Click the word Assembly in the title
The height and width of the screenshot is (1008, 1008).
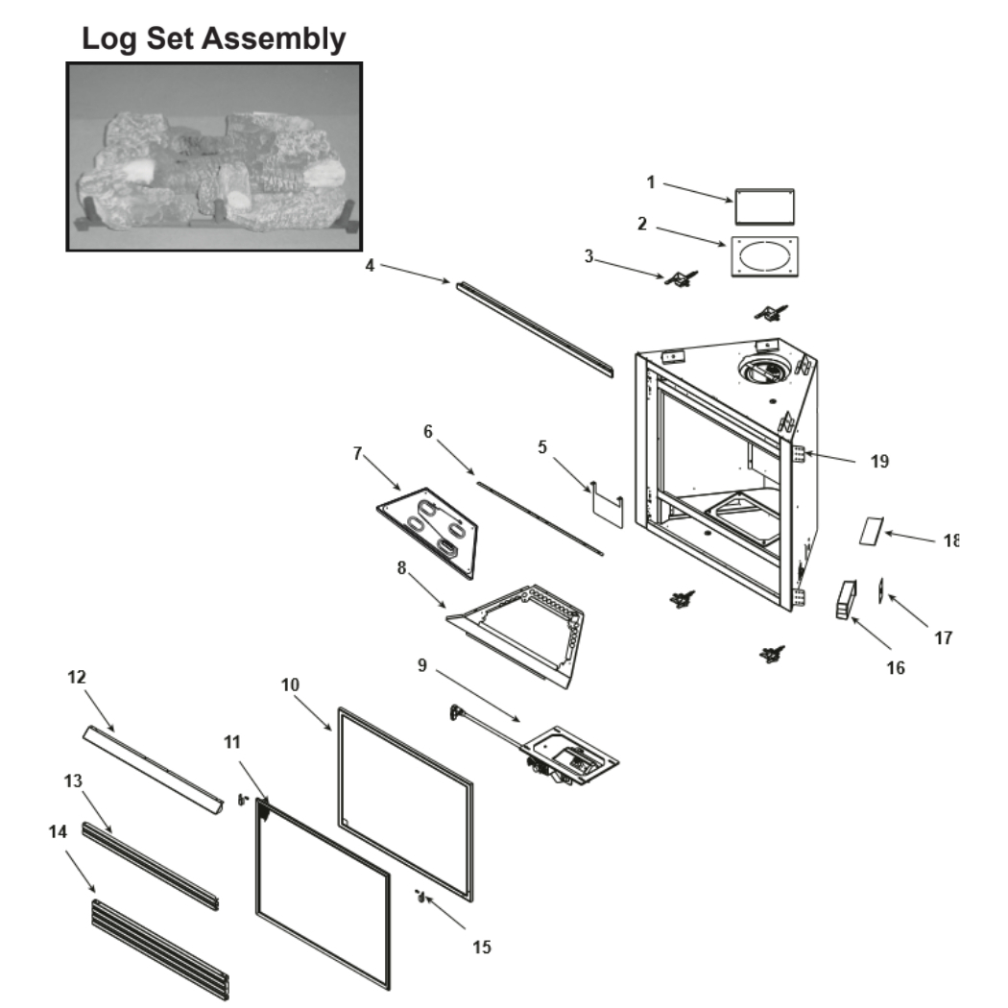274,38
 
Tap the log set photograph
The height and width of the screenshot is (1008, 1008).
214,156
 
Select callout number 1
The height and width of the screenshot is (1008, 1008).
651,182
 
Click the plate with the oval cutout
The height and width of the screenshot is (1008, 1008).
765,256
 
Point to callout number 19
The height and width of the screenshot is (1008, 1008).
879,461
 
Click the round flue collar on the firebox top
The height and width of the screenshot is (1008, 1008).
765,370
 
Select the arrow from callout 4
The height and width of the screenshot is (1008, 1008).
416,274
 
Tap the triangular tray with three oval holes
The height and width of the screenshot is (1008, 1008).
428,532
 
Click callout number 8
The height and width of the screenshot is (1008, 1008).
402,568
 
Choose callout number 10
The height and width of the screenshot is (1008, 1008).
290,684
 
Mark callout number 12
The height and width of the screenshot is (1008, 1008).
77,677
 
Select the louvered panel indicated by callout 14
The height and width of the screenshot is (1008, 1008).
160,949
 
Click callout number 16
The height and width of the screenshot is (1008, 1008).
896,668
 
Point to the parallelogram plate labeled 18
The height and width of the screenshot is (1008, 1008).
872,531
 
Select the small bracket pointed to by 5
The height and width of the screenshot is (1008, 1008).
608,504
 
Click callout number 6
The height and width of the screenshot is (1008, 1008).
428,431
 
